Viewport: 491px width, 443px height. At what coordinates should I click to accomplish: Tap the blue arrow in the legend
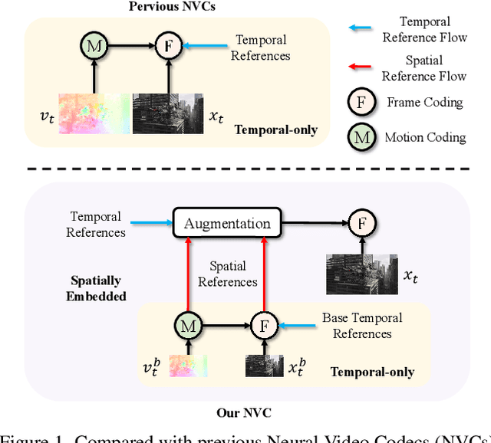tap(361, 28)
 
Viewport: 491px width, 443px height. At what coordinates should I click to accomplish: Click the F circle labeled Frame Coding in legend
tap(361, 103)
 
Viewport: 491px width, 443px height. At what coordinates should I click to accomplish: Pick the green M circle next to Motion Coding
tap(361, 137)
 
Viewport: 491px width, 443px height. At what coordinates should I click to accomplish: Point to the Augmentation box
tap(227, 224)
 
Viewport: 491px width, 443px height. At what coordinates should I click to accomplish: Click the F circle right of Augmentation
tap(360, 224)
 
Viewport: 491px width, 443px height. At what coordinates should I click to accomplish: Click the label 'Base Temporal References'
tap(362, 326)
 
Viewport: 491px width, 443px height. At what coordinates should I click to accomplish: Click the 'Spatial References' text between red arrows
tap(228, 274)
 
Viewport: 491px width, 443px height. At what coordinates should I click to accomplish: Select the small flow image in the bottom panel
tap(188, 365)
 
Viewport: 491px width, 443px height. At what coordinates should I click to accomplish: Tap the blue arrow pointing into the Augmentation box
tap(150, 224)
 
